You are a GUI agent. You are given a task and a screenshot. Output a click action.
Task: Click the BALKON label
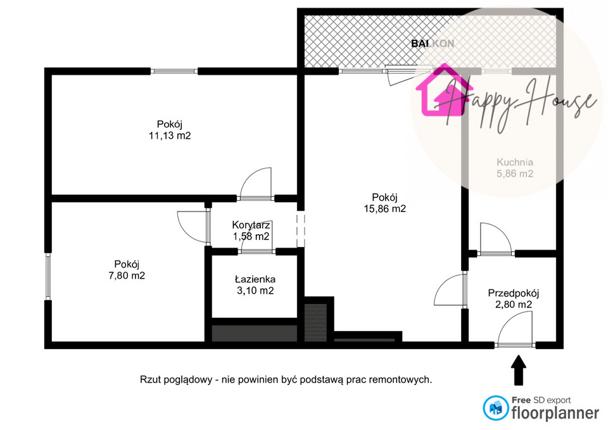point(433,44)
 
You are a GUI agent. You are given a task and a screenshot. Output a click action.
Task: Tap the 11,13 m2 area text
point(170,136)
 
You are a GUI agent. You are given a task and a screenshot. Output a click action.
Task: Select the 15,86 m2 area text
point(384,208)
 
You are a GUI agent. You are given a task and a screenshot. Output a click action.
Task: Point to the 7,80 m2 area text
point(127,275)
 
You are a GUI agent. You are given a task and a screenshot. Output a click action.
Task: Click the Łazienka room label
point(255,279)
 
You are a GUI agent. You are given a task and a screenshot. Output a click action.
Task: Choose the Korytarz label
point(251,225)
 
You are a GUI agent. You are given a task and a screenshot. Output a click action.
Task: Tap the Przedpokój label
point(514,293)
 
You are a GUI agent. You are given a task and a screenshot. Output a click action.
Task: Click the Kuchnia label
point(515,162)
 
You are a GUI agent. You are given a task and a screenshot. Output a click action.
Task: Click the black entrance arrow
point(519,370)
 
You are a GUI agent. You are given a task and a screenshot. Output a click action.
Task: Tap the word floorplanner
point(555,413)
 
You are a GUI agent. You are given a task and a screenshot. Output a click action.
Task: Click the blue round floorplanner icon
point(496,408)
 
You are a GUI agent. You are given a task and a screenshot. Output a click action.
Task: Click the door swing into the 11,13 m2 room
point(256,183)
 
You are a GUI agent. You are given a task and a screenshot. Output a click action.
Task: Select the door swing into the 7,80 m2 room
point(192,227)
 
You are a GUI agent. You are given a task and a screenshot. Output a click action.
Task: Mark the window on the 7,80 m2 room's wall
point(47,277)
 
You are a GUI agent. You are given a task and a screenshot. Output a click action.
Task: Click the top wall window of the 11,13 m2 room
point(174,72)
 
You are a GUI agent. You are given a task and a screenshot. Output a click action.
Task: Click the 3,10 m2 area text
point(255,291)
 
